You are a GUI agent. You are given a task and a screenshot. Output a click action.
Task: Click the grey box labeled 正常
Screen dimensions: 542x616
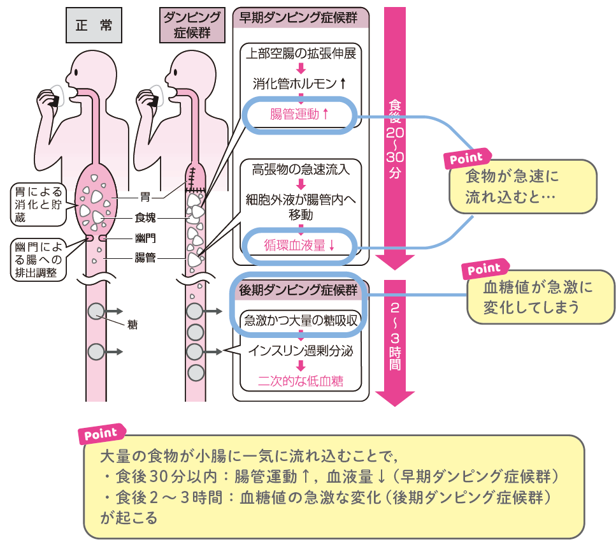click(94, 26)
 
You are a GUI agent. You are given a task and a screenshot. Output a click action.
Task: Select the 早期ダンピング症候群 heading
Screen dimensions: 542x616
click(300, 17)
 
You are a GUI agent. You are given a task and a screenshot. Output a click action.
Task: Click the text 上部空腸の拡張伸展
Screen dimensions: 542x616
click(300, 53)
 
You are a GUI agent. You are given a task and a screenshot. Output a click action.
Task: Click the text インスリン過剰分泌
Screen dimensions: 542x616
click(300, 351)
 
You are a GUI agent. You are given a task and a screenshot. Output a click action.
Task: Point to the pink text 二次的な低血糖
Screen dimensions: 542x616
click(300, 381)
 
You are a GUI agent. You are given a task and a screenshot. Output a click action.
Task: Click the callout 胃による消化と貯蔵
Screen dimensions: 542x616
click(38, 204)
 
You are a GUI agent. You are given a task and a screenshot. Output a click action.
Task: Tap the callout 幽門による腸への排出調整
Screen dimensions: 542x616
click(38, 260)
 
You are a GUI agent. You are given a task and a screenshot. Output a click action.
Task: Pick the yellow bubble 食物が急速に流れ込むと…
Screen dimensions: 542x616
click(522, 186)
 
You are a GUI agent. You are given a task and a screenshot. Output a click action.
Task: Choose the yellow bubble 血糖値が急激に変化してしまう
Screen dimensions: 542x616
click(540, 297)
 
